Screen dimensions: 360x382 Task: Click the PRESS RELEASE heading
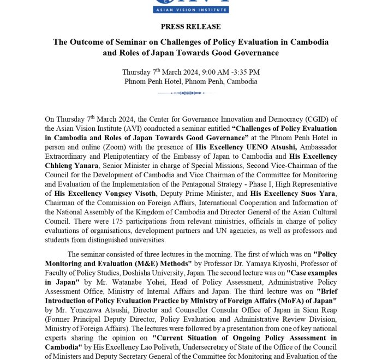click(x=191, y=26)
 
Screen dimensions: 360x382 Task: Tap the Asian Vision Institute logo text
click(x=191, y=9)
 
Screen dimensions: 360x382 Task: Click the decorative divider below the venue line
click(x=191, y=93)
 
